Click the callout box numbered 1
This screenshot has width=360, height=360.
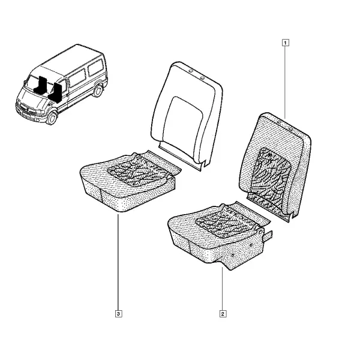(x=285, y=43)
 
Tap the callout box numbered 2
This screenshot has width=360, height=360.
(x=223, y=314)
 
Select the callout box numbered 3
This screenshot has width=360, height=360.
(x=118, y=314)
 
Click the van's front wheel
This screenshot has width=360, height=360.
(x=52, y=118)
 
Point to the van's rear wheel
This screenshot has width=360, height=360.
(x=98, y=91)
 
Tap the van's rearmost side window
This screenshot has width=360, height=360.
(x=96, y=67)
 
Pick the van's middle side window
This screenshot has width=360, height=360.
(x=77, y=77)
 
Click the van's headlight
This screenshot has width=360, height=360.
(x=40, y=112)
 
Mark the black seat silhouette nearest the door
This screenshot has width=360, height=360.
(x=55, y=93)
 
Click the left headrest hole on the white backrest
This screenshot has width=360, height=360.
(x=190, y=71)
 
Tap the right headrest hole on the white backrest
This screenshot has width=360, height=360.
(x=202, y=78)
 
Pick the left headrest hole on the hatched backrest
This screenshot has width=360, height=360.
(x=280, y=122)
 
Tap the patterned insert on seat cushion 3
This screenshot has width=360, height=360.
(x=138, y=170)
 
